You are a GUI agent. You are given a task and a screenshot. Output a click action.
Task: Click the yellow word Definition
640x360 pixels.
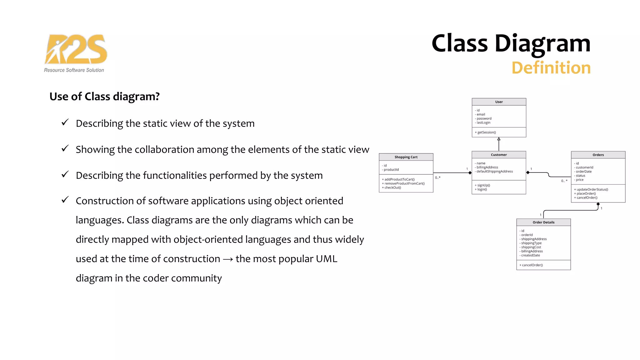click(551, 68)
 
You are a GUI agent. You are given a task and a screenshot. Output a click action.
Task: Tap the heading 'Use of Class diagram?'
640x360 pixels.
click(104, 97)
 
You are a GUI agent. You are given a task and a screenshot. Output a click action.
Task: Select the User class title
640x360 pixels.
click(499, 102)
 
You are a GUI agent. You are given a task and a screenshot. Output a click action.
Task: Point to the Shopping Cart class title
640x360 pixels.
click(406, 157)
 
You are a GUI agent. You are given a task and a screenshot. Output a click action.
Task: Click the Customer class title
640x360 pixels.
click(499, 155)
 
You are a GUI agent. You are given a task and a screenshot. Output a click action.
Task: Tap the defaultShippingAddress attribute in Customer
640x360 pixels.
click(494, 172)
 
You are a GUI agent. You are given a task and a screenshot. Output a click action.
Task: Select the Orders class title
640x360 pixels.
click(598, 155)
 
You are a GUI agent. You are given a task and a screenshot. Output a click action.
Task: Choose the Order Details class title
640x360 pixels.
click(543, 222)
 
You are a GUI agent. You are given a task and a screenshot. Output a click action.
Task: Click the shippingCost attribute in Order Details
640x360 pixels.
click(531, 247)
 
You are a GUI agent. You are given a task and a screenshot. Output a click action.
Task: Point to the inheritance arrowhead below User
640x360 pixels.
click(499, 139)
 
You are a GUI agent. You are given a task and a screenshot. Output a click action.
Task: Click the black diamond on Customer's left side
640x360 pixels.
click(470, 173)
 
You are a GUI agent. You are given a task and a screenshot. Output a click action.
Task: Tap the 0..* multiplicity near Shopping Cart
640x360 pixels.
click(437, 178)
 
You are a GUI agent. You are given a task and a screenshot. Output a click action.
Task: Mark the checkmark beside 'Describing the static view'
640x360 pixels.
click(65, 122)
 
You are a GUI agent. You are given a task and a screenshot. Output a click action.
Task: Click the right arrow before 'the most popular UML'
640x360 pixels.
click(228, 259)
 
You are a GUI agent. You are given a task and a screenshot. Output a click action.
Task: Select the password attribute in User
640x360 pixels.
click(484, 119)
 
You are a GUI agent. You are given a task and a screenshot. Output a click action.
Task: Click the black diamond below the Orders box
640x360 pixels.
click(598, 204)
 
